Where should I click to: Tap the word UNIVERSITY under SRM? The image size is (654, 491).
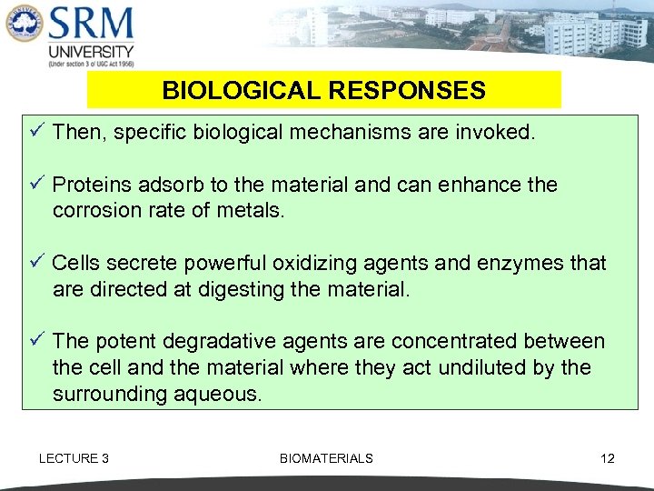pyautogui.click(x=91, y=52)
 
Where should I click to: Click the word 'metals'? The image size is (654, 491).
pyautogui.click(x=253, y=211)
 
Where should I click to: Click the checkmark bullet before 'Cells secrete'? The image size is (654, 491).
pyautogui.click(x=36, y=263)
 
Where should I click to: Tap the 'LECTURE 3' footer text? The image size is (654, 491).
pyautogui.click(x=74, y=458)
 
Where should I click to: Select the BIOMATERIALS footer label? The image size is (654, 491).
pyautogui.click(x=326, y=458)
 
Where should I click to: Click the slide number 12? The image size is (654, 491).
pyautogui.click(x=608, y=458)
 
